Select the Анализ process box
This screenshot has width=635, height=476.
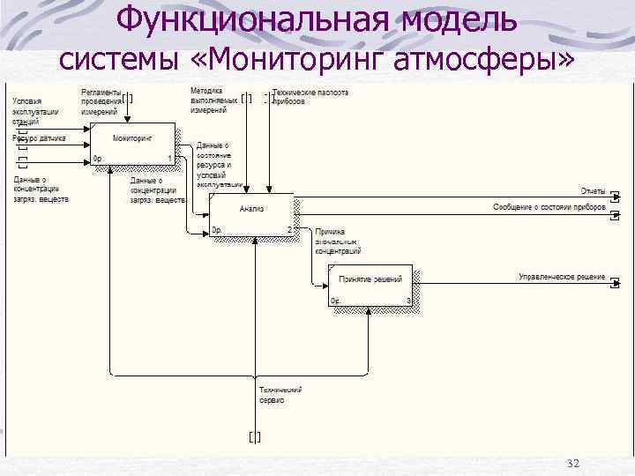[251, 214]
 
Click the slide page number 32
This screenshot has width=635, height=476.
[574, 464]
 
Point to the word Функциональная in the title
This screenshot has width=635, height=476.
[229, 19]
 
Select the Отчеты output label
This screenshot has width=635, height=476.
[592, 191]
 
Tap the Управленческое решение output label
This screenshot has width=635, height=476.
[562, 277]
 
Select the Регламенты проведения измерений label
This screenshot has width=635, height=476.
[101, 101]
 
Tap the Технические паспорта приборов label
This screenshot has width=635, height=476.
[309, 97]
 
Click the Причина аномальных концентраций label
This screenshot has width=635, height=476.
[336, 241]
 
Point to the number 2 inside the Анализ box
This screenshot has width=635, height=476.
[288, 230]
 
